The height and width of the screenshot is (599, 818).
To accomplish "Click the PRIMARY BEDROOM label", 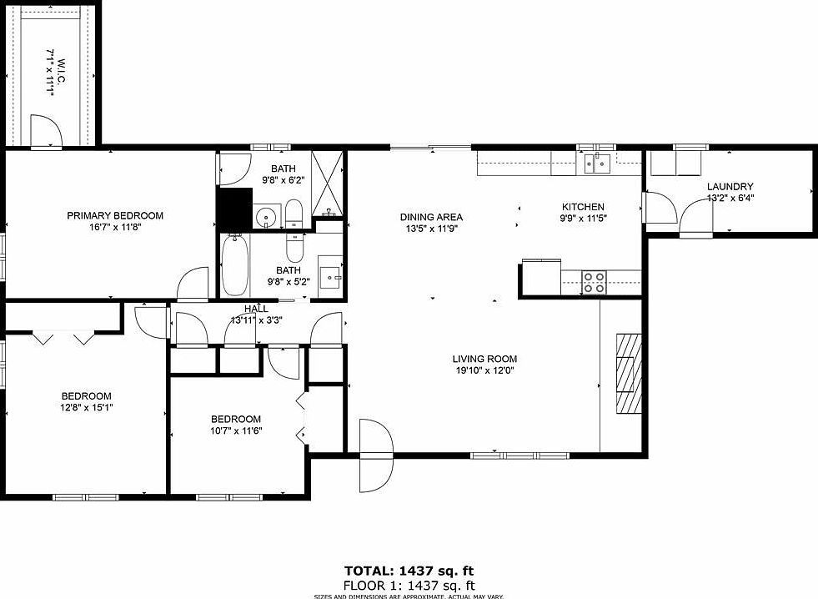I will click(x=115, y=215).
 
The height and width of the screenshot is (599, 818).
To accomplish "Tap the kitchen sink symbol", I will click(x=597, y=162).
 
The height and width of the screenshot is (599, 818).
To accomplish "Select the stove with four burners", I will click(x=594, y=283).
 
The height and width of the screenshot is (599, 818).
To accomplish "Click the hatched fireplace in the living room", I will click(x=630, y=373).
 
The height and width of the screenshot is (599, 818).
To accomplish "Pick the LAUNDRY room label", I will click(x=730, y=187).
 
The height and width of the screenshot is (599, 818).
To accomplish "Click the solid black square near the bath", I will click(x=234, y=209).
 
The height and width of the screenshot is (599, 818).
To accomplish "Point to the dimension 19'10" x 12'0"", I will click(x=486, y=370).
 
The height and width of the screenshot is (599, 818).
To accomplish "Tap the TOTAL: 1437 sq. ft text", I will click(x=408, y=571).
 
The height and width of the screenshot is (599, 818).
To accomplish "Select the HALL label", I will click(x=256, y=309).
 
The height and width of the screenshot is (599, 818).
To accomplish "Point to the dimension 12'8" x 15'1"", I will click(x=86, y=408).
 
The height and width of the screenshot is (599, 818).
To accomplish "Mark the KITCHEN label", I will click(x=583, y=207).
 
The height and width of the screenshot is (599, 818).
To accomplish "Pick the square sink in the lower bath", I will click(x=331, y=275).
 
